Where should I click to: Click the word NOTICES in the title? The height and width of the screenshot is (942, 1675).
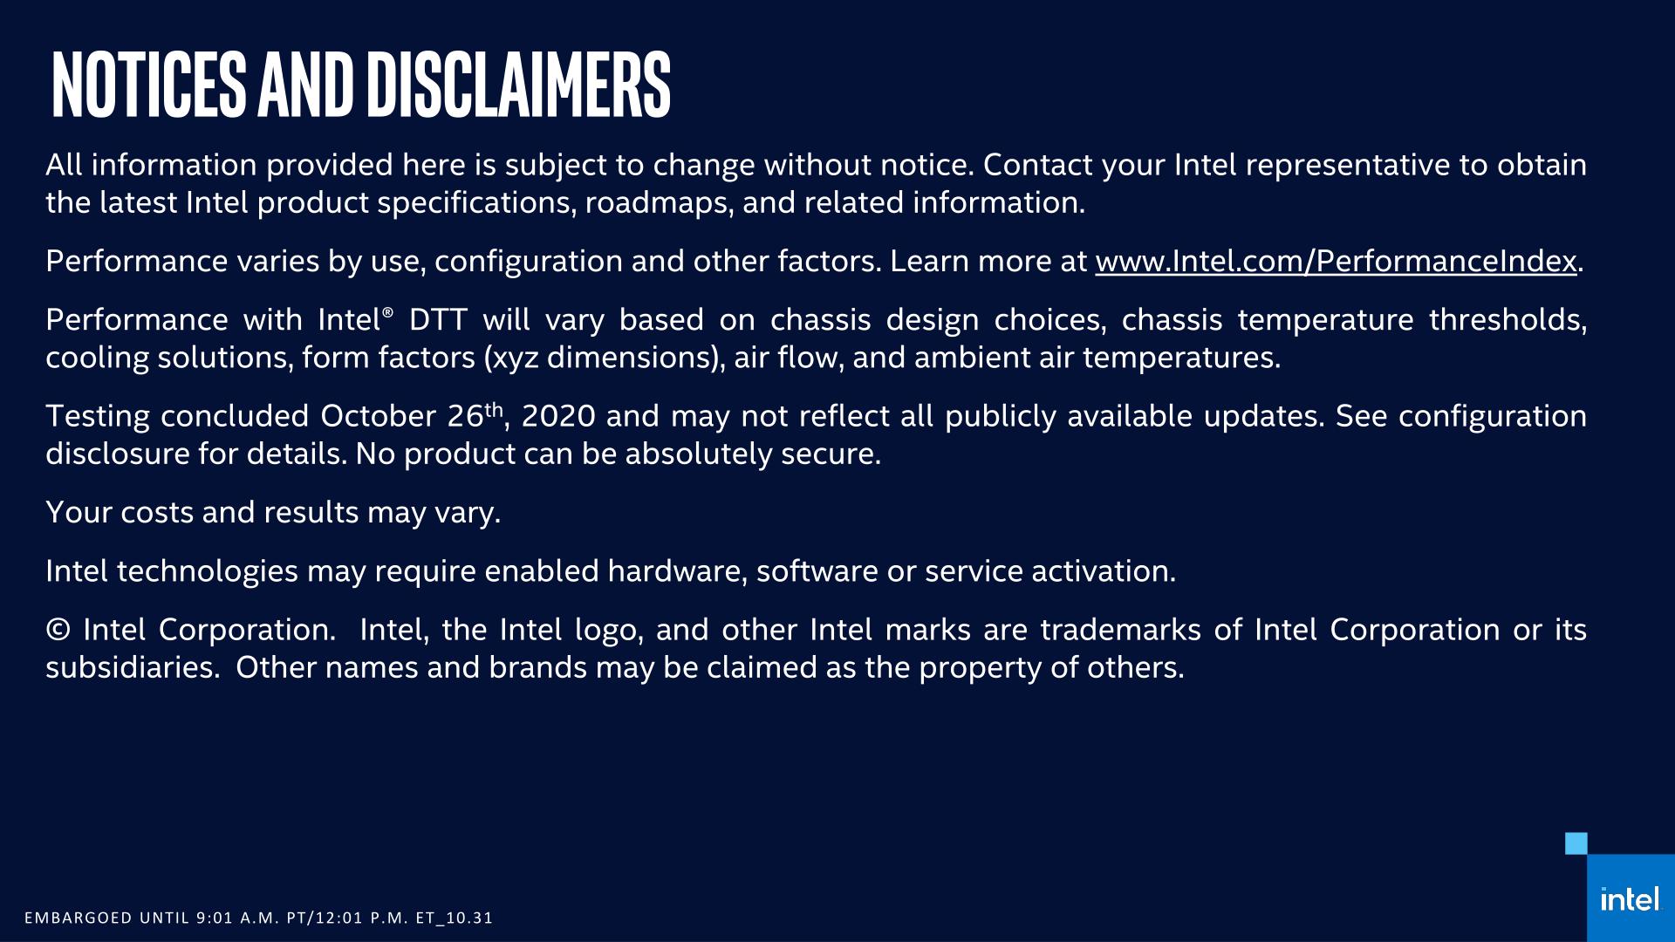point(149,85)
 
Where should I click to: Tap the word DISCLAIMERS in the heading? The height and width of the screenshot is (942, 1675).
point(518,85)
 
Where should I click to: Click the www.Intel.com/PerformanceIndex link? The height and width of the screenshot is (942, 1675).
point(1336,262)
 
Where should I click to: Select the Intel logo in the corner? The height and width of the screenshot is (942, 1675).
point(1630,899)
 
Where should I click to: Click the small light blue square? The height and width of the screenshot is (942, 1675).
point(1576,843)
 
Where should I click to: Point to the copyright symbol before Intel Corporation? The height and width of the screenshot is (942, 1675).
point(58,630)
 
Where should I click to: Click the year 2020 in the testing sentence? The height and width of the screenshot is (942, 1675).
point(558,416)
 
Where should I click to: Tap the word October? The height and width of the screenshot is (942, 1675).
point(379,416)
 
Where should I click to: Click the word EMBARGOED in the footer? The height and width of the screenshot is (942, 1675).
point(79,918)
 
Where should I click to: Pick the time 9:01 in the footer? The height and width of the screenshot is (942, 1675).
point(215,918)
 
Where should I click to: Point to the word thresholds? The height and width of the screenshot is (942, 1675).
point(1507,320)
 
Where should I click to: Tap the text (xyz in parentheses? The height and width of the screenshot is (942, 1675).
point(511,358)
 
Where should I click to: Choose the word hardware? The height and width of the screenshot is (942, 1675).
point(677,571)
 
